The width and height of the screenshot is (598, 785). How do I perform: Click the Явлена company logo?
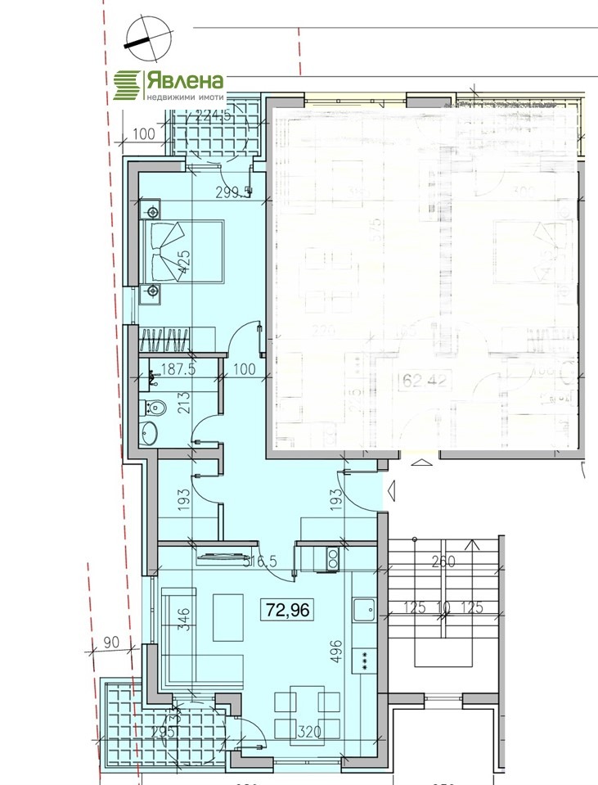(169, 84)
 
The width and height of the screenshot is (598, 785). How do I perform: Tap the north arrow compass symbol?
(149, 38)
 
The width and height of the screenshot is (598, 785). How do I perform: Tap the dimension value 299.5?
(232, 193)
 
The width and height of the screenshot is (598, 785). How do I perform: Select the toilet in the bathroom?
(155, 405)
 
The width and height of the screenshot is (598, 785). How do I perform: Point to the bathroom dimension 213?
(184, 403)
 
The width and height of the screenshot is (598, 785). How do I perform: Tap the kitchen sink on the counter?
(363, 608)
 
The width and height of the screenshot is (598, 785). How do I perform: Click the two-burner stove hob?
(334, 558)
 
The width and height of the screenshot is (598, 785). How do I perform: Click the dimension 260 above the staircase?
(443, 562)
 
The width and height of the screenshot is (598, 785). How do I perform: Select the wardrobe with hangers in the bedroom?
(167, 339)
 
